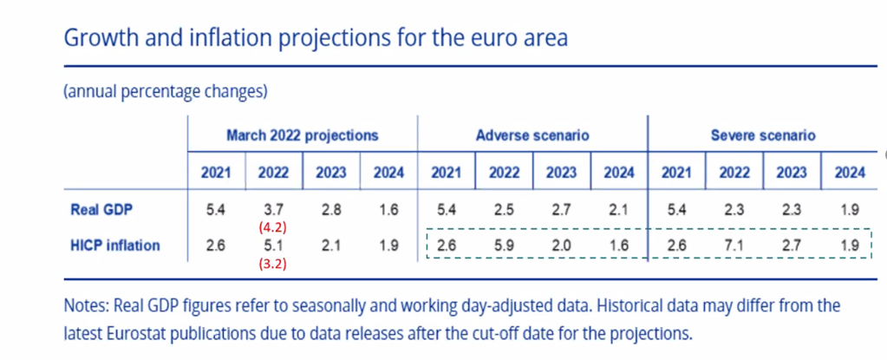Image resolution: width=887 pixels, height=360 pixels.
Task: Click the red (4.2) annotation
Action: tap(273, 227)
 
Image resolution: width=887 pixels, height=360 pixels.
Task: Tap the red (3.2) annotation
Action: tap(273, 264)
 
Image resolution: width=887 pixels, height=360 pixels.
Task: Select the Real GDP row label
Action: tap(101, 209)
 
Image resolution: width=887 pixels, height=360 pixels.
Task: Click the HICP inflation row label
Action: tap(115, 245)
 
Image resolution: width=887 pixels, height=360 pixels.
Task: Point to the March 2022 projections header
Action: tap(302, 136)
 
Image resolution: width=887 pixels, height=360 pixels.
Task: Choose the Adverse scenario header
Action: tap(532, 136)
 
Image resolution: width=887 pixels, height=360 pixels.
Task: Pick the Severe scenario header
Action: tap(762, 136)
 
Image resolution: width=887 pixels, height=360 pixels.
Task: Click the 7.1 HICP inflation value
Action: tap(734, 245)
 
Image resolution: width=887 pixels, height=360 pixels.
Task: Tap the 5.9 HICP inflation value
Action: tap(504, 245)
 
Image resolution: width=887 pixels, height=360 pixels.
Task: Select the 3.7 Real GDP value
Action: tap(273, 209)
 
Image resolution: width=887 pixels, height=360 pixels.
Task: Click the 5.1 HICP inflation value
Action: tap(273, 245)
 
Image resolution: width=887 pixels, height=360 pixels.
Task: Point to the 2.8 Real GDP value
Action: tap(331, 209)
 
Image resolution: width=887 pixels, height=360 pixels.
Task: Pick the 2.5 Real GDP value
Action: tap(504, 209)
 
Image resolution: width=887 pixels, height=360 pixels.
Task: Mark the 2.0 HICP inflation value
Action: tap(561, 245)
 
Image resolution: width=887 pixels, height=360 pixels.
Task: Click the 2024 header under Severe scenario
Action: tap(850, 173)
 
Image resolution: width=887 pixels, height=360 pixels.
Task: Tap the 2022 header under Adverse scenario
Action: tap(504, 173)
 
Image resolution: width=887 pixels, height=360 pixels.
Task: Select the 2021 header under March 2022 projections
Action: tap(216, 173)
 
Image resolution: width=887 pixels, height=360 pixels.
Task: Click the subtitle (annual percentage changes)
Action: tap(166, 91)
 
